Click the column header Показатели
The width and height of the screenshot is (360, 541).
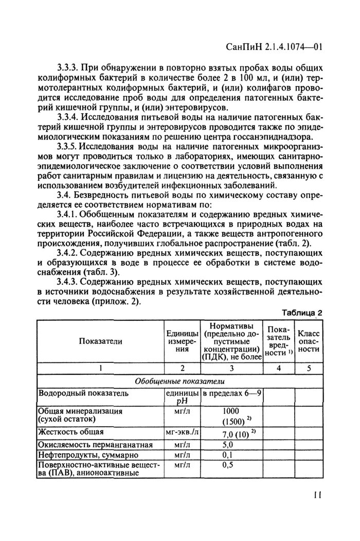tap(101, 340)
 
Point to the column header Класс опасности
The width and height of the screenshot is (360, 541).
tap(309, 341)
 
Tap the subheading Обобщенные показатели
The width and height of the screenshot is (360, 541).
tap(178, 381)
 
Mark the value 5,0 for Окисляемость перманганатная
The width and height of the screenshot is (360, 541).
tap(228, 444)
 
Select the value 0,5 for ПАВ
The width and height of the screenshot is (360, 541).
tap(228, 465)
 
